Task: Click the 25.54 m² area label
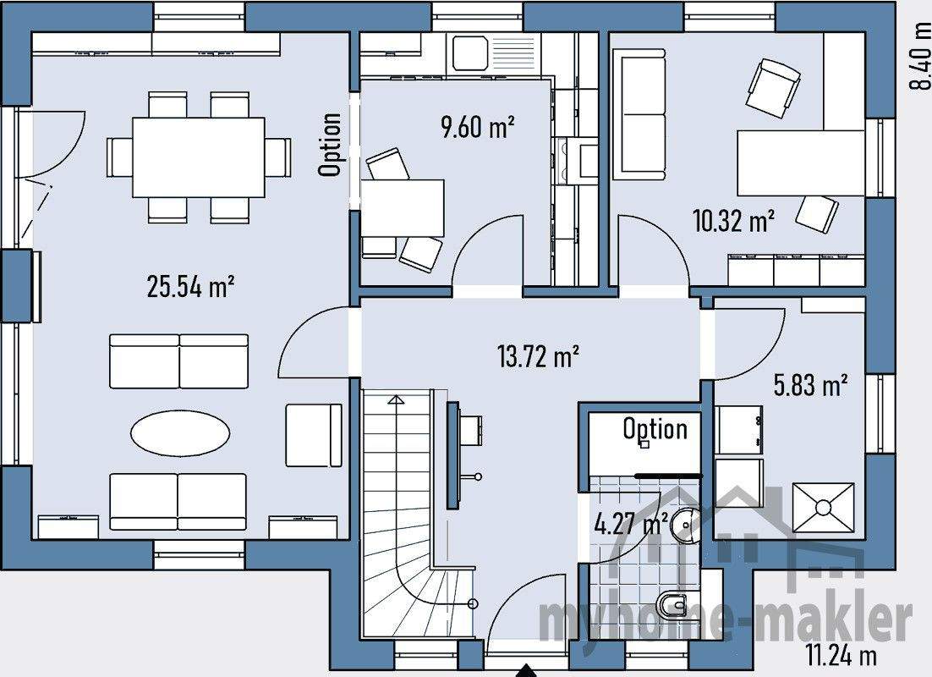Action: coord(190,288)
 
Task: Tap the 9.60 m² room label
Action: coord(478,128)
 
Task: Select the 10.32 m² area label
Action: coord(734,222)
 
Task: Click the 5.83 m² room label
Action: coord(811,386)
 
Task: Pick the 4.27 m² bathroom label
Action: coord(631,524)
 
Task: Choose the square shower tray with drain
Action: coord(823,508)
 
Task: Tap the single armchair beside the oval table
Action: coord(313,435)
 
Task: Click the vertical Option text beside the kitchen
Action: coord(331,145)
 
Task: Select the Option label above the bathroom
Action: coord(655,429)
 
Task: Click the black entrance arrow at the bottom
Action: coord(526,669)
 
